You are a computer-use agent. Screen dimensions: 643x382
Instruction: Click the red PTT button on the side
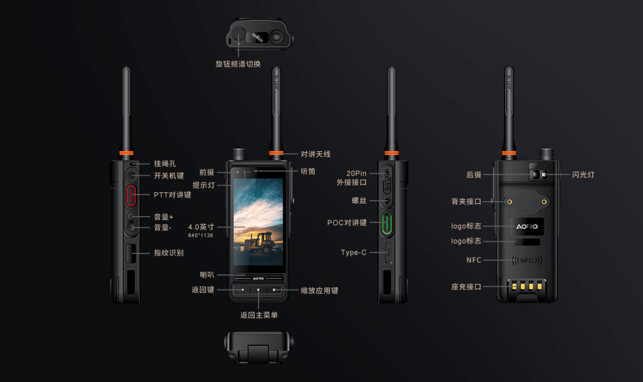tap(131, 195)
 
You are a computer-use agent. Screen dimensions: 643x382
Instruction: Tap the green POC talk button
tap(387, 223)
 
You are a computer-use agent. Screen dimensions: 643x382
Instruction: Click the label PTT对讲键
tap(172, 195)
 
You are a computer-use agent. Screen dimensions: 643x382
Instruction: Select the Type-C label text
tap(353, 252)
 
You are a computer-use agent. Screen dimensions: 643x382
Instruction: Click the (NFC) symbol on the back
tap(527, 260)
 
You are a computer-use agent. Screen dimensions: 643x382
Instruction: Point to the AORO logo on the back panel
tap(527, 226)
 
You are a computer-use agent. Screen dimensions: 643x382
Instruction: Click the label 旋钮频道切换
tap(238, 64)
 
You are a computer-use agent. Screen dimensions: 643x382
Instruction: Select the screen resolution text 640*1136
tap(200, 236)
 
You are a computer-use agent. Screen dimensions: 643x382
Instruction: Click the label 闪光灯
tap(583, 175)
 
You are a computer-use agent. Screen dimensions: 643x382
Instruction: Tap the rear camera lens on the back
tap(535, 174)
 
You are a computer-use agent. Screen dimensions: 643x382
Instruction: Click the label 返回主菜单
tap(259, 315)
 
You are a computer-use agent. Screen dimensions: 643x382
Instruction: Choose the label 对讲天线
tap(316, 154)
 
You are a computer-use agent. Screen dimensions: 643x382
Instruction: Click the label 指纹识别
tap(169, 253)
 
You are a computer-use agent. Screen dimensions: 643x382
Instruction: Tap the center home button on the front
tap(258, 290)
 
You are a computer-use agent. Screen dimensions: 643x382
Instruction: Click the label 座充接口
tap(466, 286)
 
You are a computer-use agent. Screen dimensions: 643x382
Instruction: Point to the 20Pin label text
tap(356, 173)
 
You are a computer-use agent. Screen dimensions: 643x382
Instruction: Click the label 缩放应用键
tap(319, 291)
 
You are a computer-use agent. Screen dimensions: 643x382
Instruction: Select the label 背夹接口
tap(466, 201)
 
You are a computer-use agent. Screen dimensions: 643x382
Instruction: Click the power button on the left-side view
tap(131, 175)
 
